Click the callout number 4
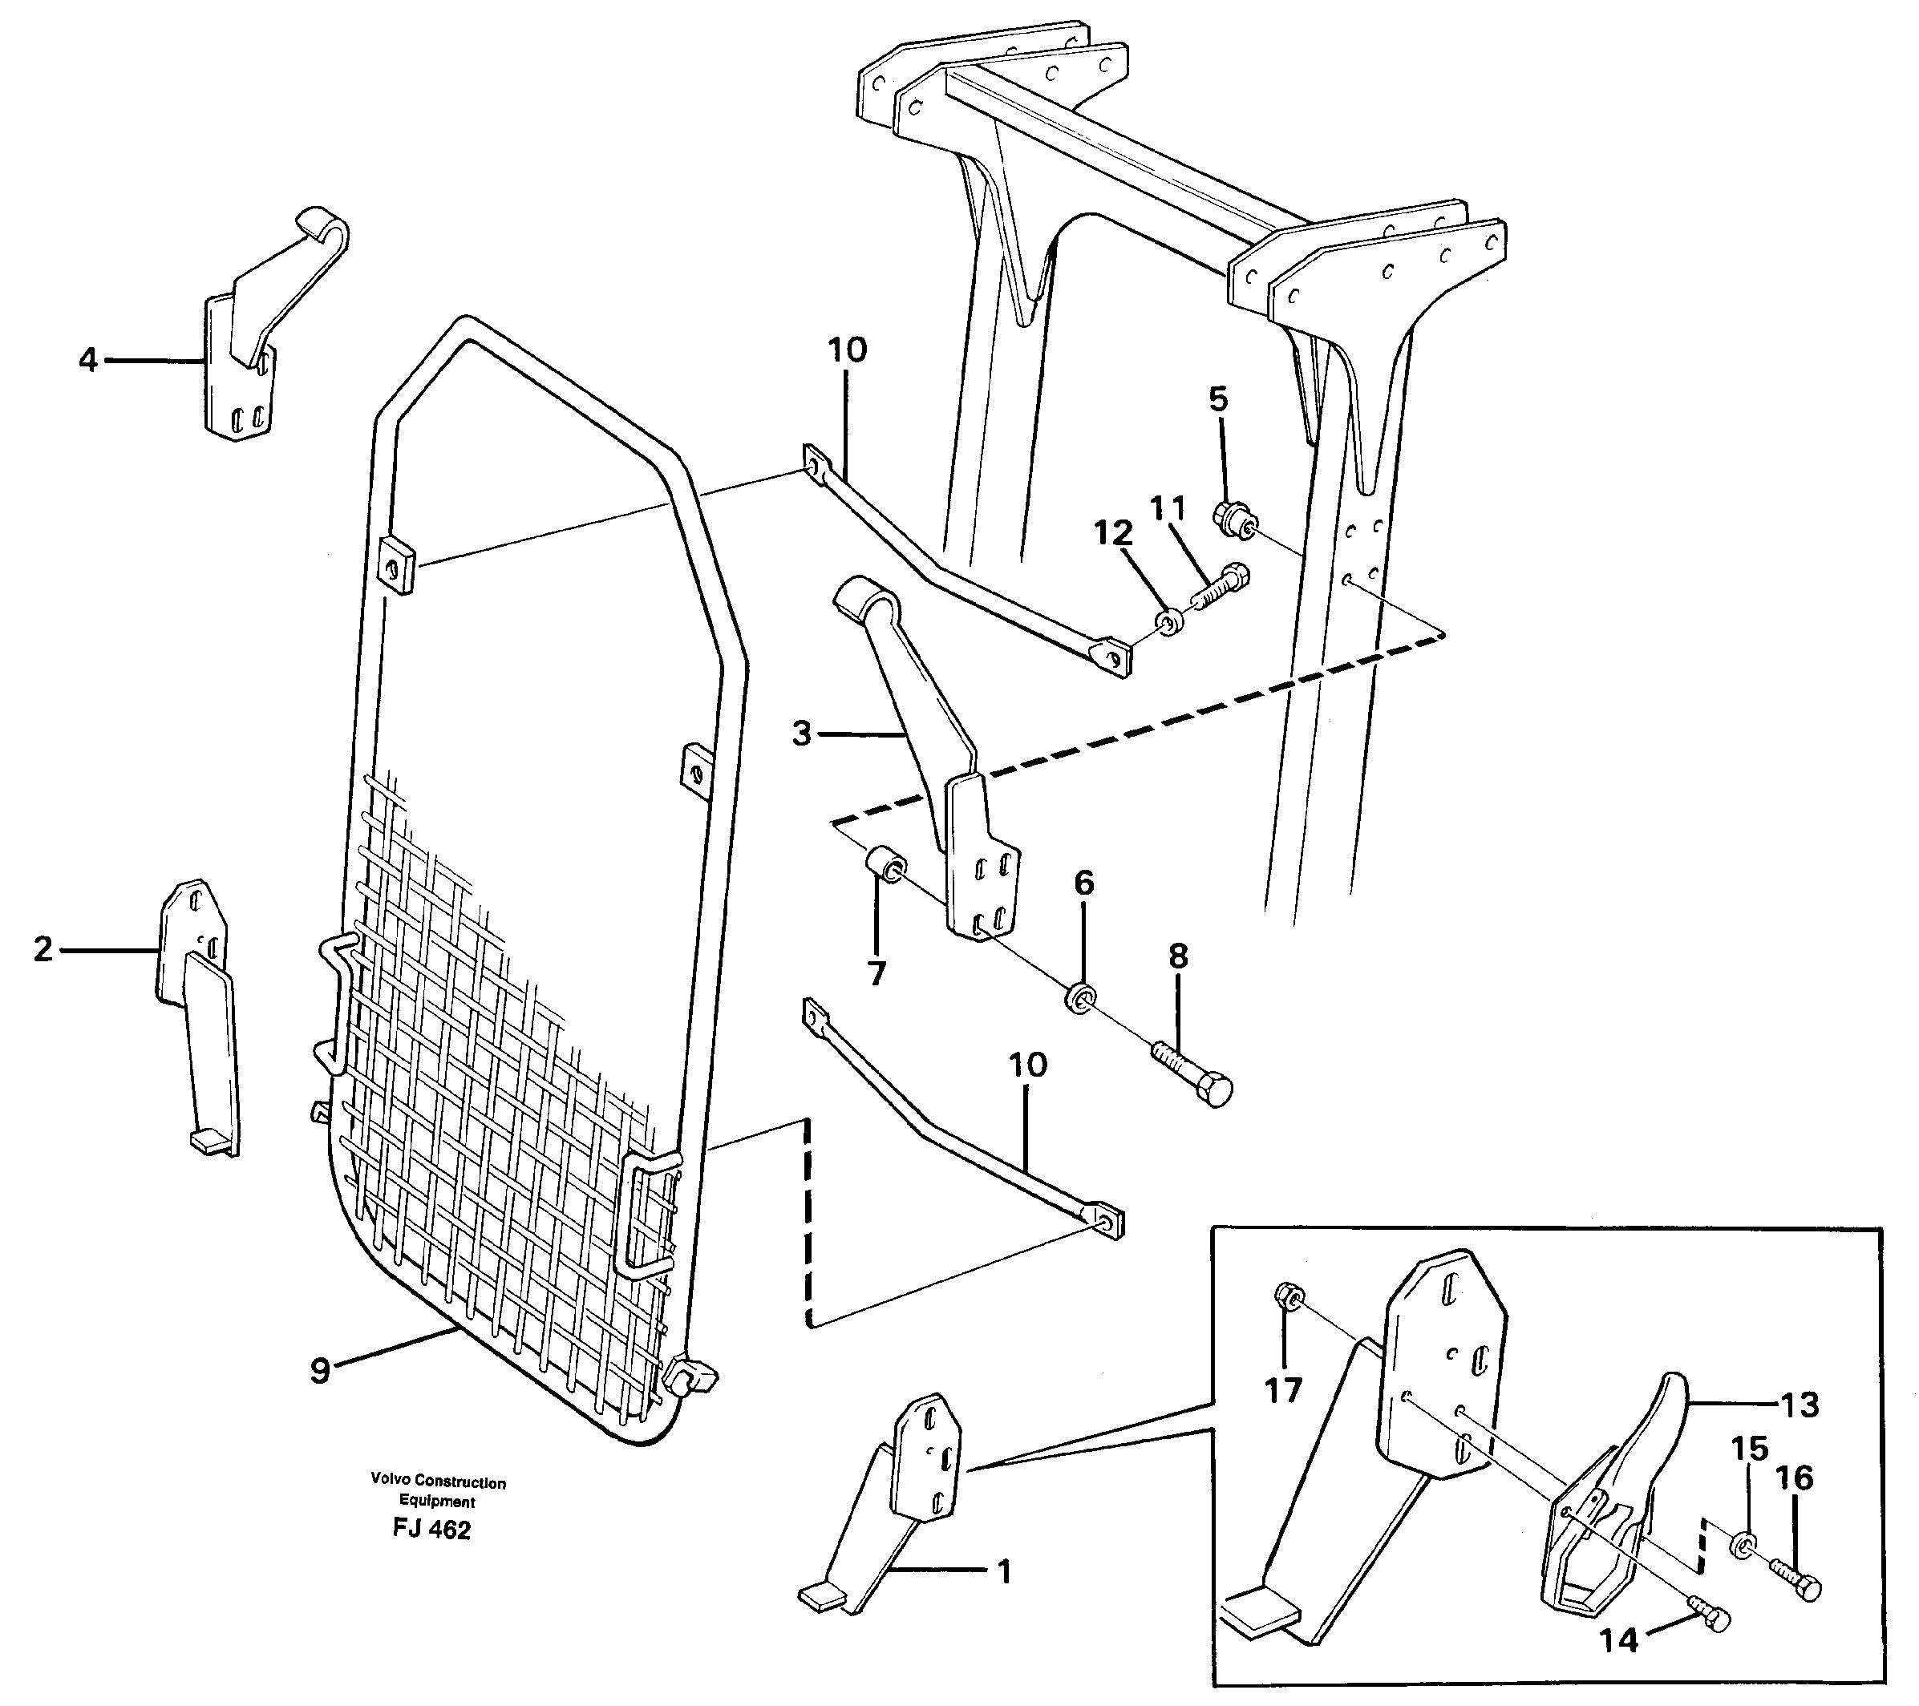pyautogui.click(x=87, y=360)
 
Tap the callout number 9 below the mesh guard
pyautogui.click(x=320, y=1371)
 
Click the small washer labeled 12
pyautogui.click(x=1170, y=622)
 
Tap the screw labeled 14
pyautogui.click(x=1710, y=1620)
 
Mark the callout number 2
pyautogui.click(x=43, y=950)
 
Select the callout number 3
pyautogui.click(x=801, y=733)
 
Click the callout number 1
pyautogui.click(x=1004, y=1571)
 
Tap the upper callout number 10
pyautogui.click(x=847, y=351)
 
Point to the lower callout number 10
pyautogui.click(x=1027, y=1065)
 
